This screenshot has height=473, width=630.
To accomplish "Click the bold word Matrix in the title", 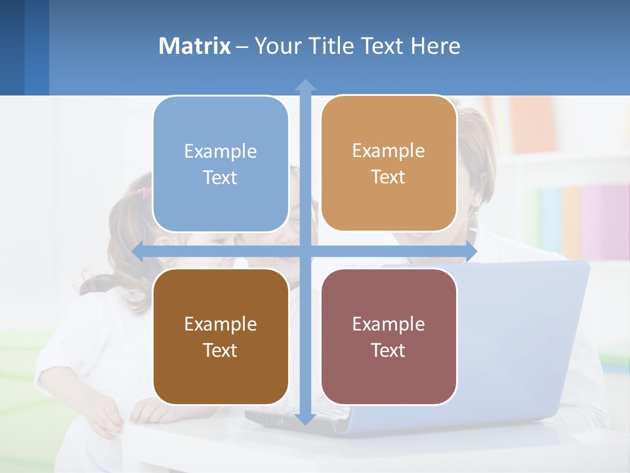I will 195,46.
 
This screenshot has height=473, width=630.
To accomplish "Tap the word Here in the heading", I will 435,46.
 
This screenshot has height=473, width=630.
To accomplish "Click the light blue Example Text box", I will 220,164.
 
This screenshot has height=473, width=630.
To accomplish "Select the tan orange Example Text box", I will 388,164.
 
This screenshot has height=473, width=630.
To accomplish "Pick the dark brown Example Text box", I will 220,336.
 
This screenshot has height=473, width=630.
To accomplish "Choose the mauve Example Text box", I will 388,336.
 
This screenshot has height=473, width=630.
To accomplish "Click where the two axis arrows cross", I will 305,251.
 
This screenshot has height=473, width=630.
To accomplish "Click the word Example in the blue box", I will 220,152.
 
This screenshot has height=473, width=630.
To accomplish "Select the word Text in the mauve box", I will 388,350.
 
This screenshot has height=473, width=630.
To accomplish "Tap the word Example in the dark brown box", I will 220,324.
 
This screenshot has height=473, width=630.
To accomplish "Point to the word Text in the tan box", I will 388,177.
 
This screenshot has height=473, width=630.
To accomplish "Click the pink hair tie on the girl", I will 144,192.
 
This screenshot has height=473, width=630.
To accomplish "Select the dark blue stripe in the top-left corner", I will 12,47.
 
